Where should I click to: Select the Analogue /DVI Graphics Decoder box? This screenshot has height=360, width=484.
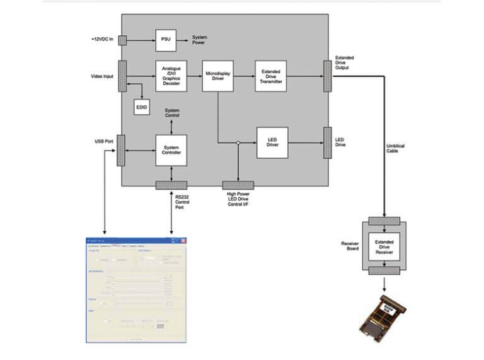(x=171, y=76)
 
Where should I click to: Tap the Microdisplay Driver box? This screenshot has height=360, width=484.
(x=218, y=76)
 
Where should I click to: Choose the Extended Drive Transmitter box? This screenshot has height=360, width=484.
(x=271, y=76)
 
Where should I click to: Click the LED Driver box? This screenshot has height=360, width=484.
(x=272, y=143)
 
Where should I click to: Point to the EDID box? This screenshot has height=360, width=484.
(x=142, y=107)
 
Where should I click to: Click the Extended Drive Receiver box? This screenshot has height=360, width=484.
(x=384, y=245)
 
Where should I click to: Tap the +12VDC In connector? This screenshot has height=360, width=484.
(x=122, y=40)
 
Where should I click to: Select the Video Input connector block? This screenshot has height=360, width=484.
(x=122, y=76)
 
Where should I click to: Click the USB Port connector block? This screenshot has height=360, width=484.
(x=120, y=150)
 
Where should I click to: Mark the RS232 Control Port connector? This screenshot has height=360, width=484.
(x=171, y=185)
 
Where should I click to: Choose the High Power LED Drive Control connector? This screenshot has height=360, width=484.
(x=238, y=185)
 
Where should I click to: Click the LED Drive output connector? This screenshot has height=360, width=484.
(x=327, y=143)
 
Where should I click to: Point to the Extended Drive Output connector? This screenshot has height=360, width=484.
(x=327, y=76)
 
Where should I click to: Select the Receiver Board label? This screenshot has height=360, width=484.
(x=350, y=245)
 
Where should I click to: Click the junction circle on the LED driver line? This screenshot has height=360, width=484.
(x=238, y=143)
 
